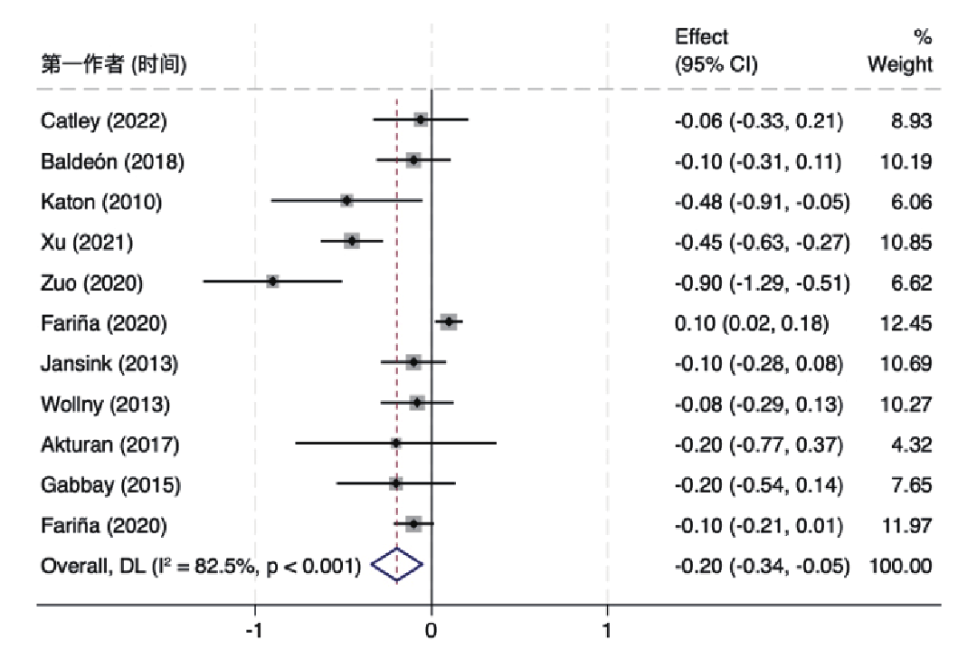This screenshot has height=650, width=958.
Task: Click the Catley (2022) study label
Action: click(x=103, y=121)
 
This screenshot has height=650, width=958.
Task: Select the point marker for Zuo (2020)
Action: click(x=272, y=282)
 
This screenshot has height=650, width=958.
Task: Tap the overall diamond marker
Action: click(x=397, y=566)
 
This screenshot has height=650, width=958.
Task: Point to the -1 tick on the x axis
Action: click(x=255, y=628)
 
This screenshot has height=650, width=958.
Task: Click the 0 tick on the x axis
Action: click(x=432, y=628)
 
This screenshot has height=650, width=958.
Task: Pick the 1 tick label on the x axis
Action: click(x=607, y=628)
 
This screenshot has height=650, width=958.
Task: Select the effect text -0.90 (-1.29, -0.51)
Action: click(x=763, y=282)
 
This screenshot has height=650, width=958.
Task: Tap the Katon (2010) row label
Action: click(x=101, y=202)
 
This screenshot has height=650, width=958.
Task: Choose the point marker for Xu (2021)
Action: click(x=352, y=241)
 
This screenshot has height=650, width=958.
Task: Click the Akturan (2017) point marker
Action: click(x=396, y=444)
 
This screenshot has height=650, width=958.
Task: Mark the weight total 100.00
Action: click(x=900, y=567)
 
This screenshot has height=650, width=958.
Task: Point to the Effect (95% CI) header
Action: click(x=716, y=52)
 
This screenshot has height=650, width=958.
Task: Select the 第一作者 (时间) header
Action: click(x=114, y=65)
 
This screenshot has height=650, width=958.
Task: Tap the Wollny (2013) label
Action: click(x=105, y=404)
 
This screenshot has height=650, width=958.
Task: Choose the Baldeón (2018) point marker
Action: click(x=413, y=160)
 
